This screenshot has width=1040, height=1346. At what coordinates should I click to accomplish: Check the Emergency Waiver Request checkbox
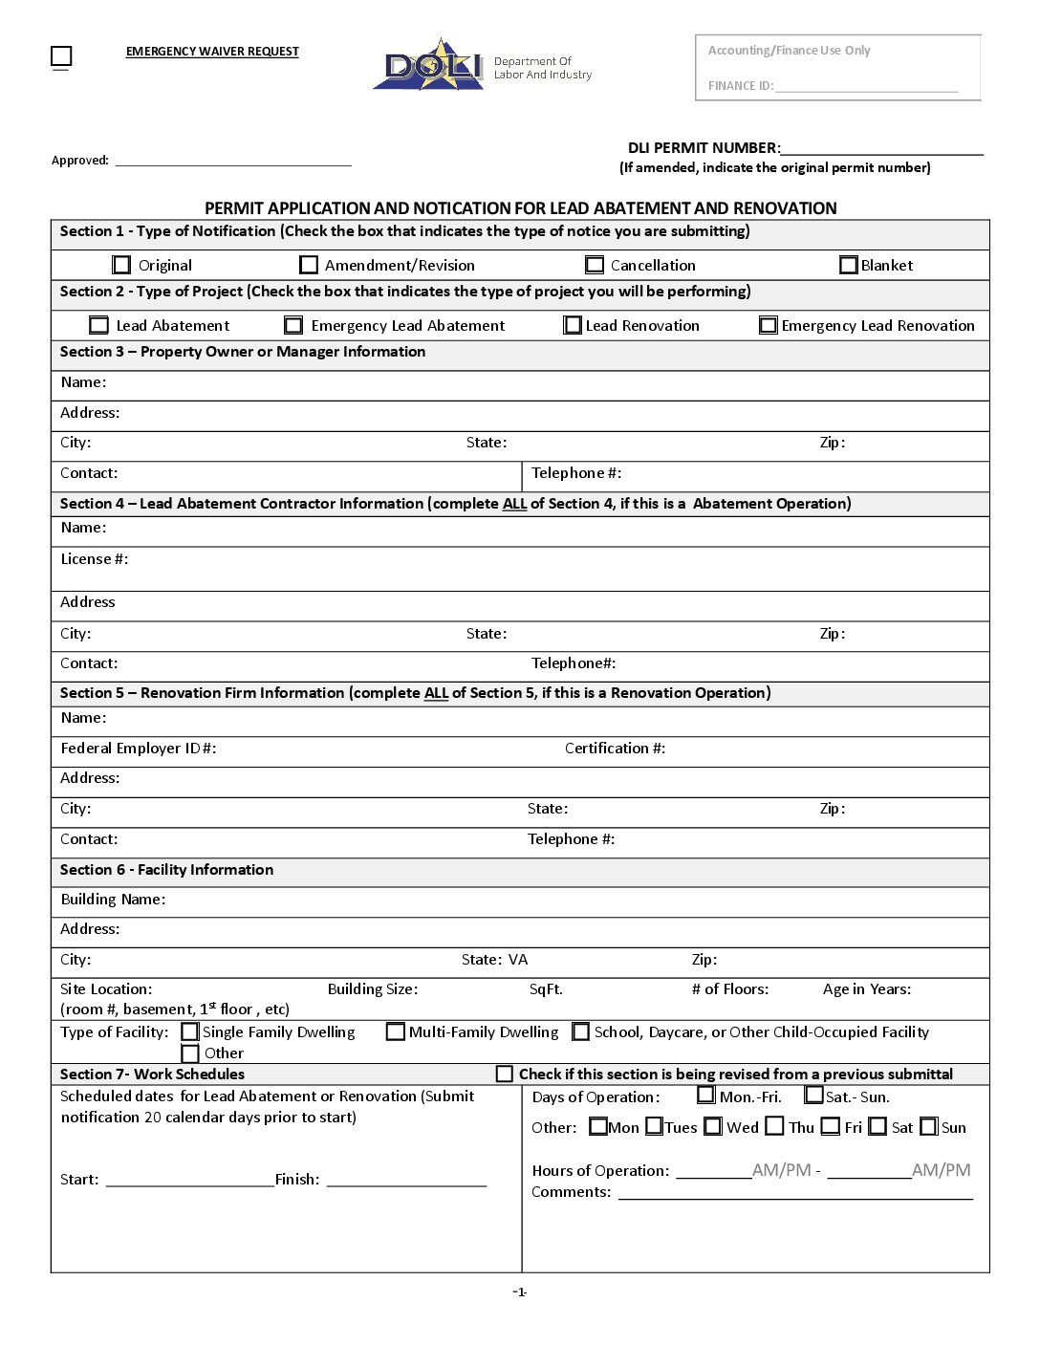61,56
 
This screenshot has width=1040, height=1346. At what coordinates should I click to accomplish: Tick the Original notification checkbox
121,265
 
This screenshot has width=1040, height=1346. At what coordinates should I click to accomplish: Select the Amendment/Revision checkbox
309,265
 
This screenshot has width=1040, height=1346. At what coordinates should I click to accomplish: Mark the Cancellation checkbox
595,265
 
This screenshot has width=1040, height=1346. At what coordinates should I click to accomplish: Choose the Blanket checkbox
848,265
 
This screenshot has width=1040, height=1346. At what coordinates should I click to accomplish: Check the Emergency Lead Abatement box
293,325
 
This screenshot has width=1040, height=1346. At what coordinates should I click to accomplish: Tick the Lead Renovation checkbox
573,325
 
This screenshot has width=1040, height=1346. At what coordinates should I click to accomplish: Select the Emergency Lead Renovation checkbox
769,325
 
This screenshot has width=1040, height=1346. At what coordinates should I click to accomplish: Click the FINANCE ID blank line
866,86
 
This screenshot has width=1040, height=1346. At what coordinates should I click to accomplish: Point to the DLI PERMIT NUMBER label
704,148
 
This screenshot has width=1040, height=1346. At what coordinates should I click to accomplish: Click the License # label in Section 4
94,559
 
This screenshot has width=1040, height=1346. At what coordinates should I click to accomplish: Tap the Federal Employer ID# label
139,749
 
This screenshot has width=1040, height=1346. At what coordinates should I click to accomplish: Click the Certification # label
615,749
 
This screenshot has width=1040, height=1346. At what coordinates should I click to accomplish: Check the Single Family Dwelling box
190,1032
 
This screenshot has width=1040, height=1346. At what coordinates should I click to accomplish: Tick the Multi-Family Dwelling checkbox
396,1032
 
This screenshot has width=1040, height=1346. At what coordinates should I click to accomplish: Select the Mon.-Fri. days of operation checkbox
705,1096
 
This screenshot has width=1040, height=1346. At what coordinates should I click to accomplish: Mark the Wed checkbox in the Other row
713,1127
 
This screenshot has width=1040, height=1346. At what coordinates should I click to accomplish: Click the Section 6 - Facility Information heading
166,870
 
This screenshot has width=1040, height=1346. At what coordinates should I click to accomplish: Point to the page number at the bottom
520,1292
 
